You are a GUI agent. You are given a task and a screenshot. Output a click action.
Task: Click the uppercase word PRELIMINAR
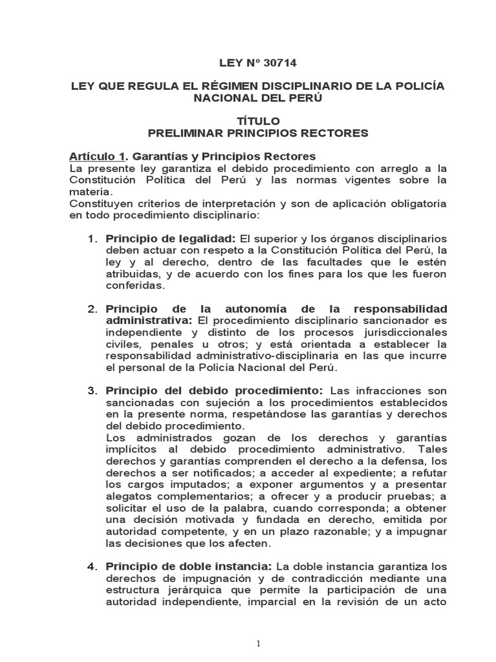point(185,133)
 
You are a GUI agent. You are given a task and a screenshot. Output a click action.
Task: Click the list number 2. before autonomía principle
point(92,308)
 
